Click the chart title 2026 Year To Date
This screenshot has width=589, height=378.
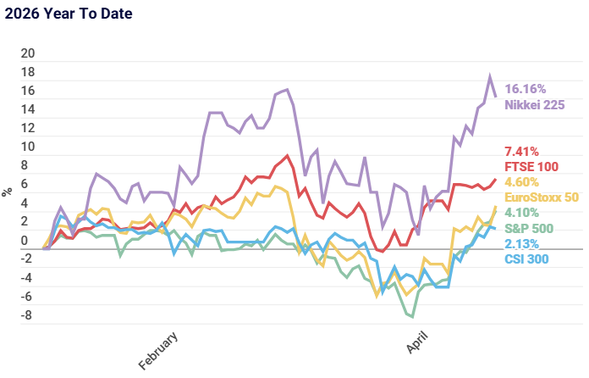click(68, 14)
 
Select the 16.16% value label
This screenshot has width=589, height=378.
click(525, 89)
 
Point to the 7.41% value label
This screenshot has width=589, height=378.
click(521, 151)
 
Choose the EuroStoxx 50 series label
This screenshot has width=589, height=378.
click(541, 197)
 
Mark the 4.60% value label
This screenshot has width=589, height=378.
click(521, 182)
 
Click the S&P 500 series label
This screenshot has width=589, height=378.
click(529, 228)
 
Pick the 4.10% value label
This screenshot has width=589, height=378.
click(521, 214)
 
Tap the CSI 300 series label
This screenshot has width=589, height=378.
click(527, 259)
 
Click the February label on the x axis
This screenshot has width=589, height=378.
click(159, 350)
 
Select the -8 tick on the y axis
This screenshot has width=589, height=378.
click(27, 316)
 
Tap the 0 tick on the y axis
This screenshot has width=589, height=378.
click(31, 241)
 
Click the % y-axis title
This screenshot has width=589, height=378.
click(8, 192)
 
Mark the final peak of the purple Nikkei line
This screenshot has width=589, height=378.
click(489, 75)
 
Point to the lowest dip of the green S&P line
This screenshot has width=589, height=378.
click(412, 317)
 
